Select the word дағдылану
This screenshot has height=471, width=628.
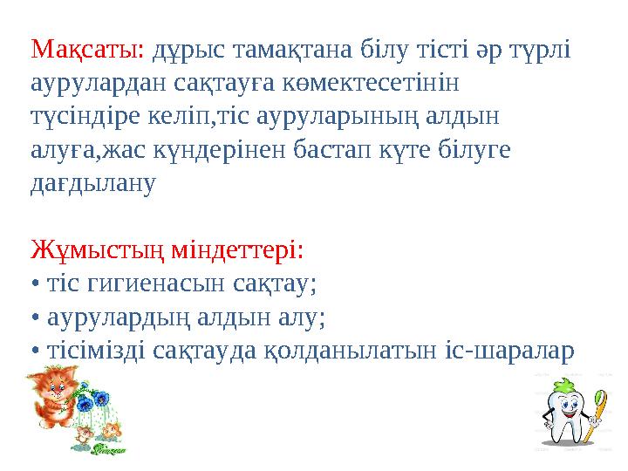92,184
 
